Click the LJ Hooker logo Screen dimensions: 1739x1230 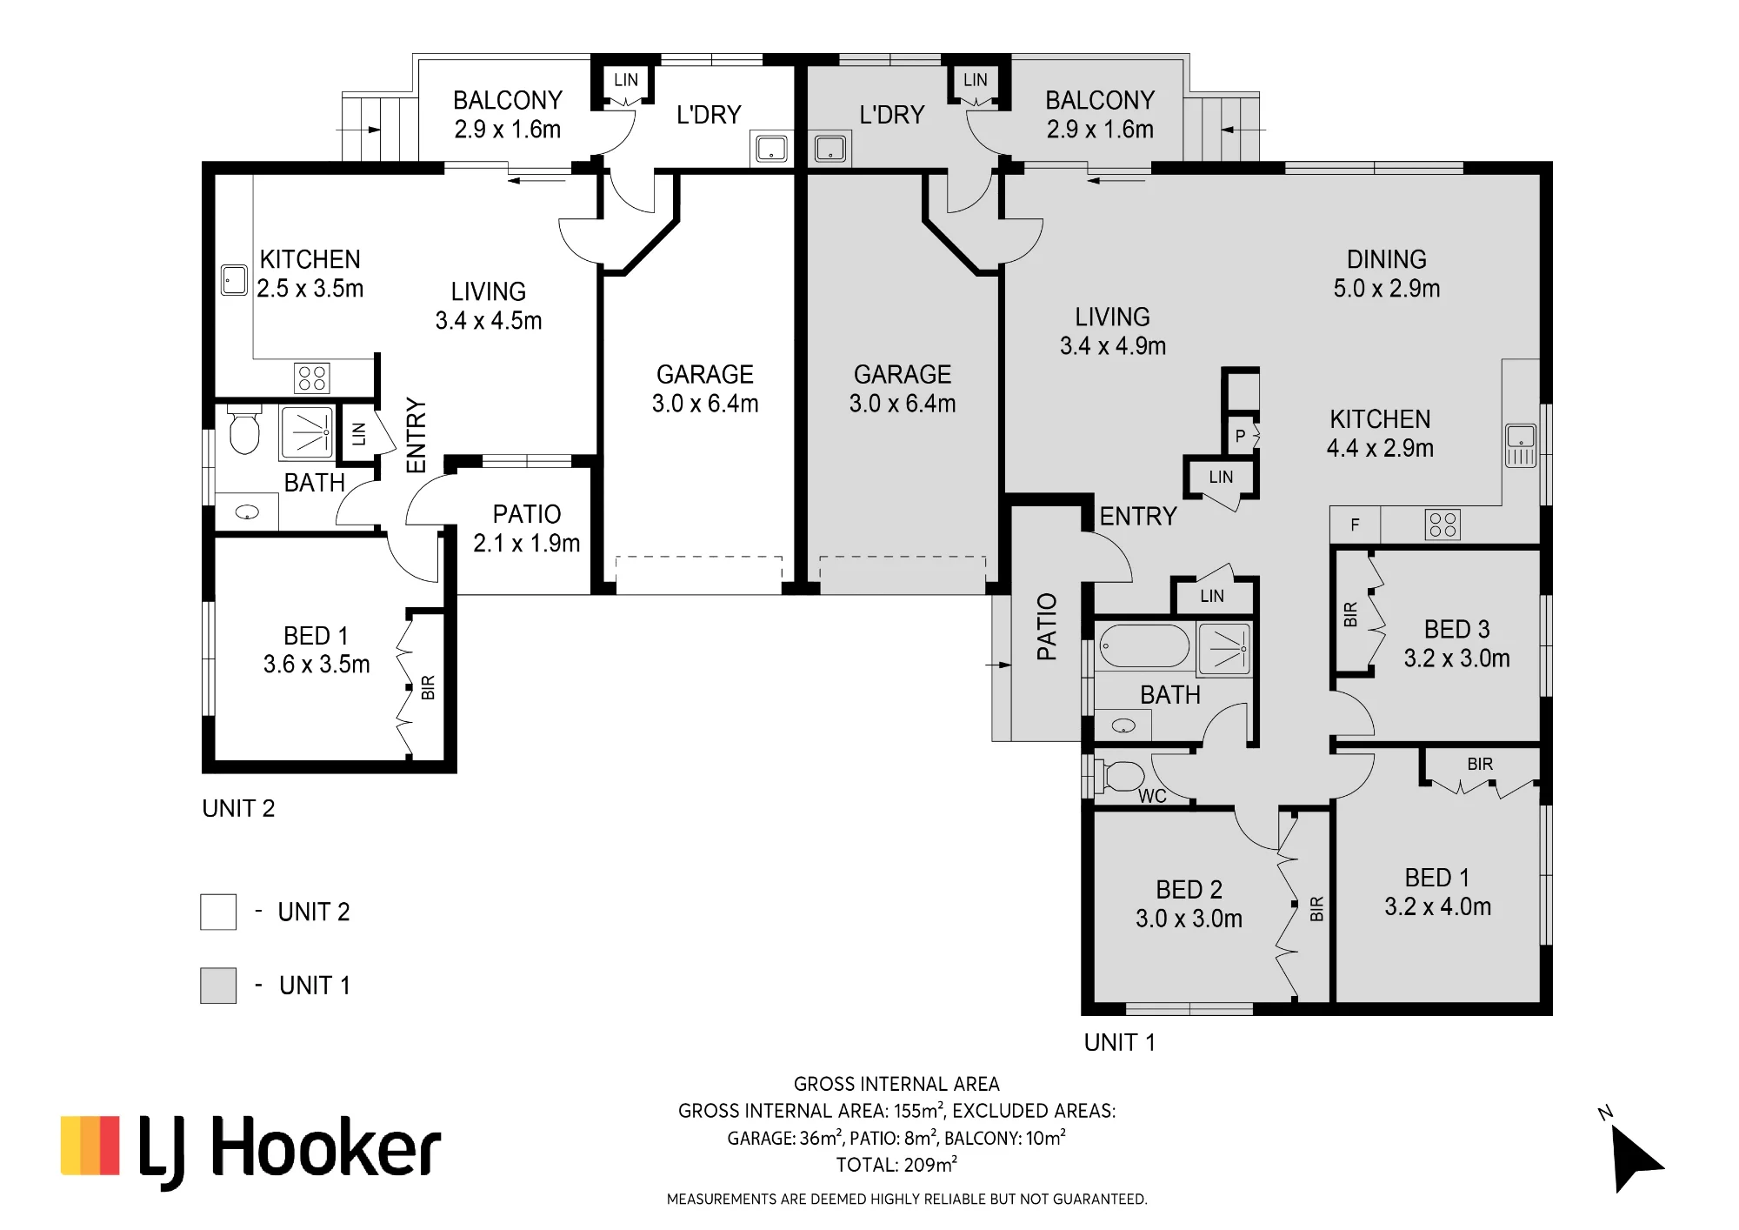(250, 1150)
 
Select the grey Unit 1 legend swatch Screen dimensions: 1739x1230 (218, 986)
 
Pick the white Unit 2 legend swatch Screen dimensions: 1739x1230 (218, 912)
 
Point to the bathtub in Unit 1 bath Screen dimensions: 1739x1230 (1144, 646)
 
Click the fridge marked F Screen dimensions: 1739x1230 (1355, 525)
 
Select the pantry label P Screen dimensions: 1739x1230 (1240, 436)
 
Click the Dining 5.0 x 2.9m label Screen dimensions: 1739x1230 (1387, 273)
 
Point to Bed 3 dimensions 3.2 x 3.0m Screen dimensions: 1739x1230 (1456, 658)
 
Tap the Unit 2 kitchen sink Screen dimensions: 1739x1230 (234, 280)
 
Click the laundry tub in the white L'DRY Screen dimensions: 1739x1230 (771, 150)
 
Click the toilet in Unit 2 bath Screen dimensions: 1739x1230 (243, 431)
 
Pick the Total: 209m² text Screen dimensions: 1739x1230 (896, 1165)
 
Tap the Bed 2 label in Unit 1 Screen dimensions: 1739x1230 (1189, 889)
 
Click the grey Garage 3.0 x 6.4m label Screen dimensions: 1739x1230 (903, 389)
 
